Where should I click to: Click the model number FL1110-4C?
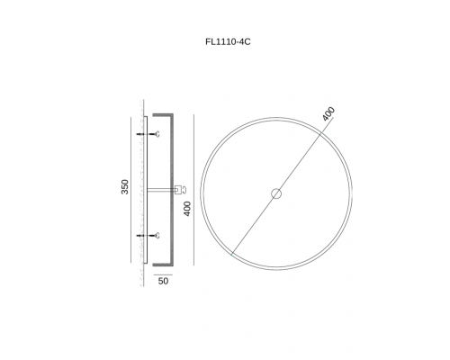pos(228,41)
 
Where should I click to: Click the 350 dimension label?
pos(125,186)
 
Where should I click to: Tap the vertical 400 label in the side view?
pos(187,209)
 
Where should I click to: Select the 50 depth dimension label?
pos(163,282)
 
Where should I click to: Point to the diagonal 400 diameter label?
pos(328,113)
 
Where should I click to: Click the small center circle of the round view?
pos(276,193)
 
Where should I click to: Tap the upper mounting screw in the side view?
pos(148,134)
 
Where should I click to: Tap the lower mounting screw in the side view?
pos(148,236)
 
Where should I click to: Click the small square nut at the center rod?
pos(178,190)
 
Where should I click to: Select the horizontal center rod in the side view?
pos(161,190)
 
